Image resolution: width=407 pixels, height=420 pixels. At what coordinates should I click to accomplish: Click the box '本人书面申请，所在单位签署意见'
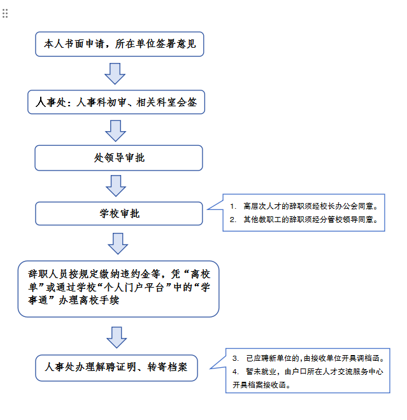(119, 45)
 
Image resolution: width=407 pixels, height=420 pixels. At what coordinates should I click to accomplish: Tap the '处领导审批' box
(119, 157)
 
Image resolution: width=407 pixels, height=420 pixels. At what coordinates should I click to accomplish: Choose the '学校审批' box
(119, 213)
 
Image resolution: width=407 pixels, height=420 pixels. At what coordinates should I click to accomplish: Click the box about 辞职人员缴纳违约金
(119, 288)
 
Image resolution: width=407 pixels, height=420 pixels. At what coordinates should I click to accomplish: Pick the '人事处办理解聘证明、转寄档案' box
(116, 367)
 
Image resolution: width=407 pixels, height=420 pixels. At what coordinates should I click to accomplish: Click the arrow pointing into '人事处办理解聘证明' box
(117, 337)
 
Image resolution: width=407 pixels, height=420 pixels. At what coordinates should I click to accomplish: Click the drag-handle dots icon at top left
(5, 13)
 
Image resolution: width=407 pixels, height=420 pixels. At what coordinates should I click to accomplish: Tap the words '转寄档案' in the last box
(167, 367)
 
